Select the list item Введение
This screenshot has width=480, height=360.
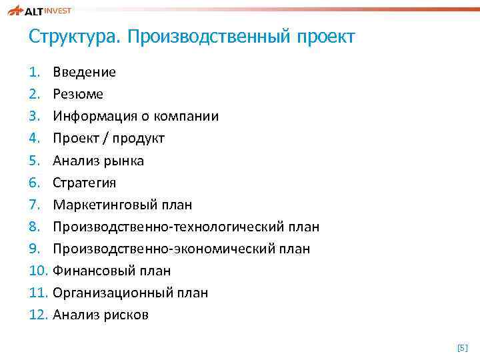[84, 72]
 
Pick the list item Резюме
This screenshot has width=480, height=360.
[78, 94]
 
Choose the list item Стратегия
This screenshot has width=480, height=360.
[85, 183]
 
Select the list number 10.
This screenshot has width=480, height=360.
[38, 271]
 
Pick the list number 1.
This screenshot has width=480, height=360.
[35, 72]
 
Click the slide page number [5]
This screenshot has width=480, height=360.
[462, 347]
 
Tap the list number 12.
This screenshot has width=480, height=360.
[38, 315]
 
